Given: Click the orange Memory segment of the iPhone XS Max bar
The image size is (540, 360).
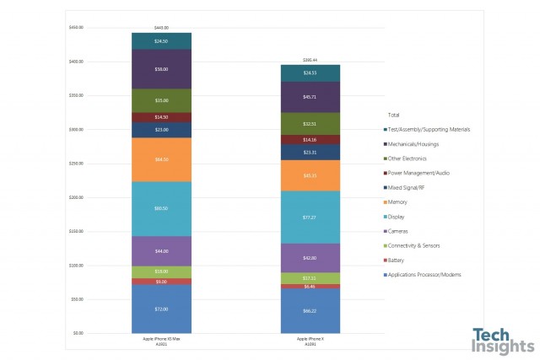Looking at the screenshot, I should click(161, 159).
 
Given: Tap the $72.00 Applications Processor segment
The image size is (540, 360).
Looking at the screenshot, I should click(161, 309).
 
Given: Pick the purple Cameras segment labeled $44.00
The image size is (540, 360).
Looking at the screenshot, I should click(161, 251).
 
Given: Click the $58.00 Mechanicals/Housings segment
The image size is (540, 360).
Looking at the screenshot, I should click(161, 69).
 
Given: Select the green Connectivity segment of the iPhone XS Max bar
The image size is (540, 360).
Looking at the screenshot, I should click(161, 271).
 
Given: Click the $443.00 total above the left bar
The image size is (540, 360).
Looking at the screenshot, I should click(161, 28).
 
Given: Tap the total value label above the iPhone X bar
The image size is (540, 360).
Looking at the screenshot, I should click(310, 60).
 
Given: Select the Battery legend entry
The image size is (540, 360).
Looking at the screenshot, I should click(398, 261).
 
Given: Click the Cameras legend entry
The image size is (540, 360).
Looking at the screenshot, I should click(400, 231).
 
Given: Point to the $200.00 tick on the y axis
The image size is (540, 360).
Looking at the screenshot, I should click(78, 197).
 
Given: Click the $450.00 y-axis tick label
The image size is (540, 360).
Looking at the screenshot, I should click(78, 28).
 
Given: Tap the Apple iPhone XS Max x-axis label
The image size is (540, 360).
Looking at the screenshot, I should click(161, 339).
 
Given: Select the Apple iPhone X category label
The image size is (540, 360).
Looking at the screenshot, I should click(310, 339).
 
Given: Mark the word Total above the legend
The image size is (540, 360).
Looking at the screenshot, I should click(393, 115).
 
